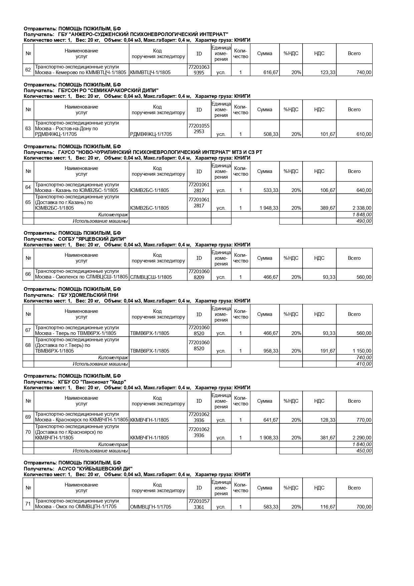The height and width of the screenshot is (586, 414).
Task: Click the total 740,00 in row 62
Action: (x=364, y=72)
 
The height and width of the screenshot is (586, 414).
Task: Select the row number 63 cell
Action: (x=28, y=129)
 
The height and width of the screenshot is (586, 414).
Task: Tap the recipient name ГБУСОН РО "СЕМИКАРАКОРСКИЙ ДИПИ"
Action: (x=108, y=90)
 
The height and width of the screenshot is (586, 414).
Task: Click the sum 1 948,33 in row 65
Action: (x=269, y=208)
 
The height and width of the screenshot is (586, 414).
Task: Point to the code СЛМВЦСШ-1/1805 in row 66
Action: (x=151, y=277)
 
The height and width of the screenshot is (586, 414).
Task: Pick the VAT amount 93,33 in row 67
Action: (x=328, y=333)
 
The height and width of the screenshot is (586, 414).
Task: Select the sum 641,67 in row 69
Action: (x=271, y=420)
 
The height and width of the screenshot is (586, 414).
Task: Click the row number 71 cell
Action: (x=28, y=504)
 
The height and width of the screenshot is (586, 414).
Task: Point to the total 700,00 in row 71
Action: (x=364, y=507)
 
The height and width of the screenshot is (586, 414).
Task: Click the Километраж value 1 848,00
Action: (x=362, y=215)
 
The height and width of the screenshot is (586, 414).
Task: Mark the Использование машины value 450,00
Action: (x=364, y=451)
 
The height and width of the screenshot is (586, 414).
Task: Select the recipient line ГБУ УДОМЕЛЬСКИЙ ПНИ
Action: (x=88, y=295)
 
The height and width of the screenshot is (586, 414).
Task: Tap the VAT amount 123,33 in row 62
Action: (x=328, y=72)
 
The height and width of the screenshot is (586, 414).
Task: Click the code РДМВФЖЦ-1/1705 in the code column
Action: (x=151, y=134)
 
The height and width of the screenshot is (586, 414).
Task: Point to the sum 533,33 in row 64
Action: (x=271, y=190)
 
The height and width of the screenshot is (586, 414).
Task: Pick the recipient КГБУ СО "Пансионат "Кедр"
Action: (x=92, y=382)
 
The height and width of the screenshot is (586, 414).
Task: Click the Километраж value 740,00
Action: (x=364, y=358)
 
